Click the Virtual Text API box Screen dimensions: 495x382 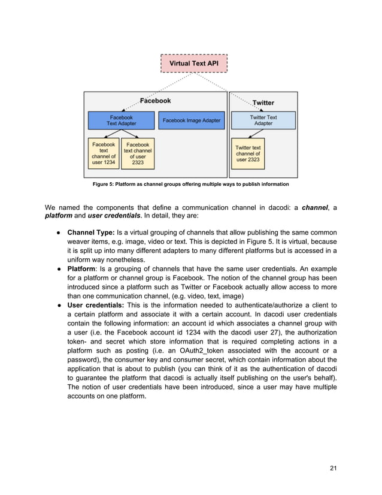[x=194, y=63]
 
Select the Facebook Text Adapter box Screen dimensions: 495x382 [x=121, y=120]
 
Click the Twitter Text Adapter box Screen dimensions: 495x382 [x=263, y=120]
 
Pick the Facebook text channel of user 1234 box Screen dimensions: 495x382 [x=104, y=153]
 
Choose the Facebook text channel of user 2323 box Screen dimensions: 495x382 [x=138, y=153]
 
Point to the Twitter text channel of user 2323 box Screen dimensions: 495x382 [x=248, y=153]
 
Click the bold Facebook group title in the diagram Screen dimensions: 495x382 [x=156, y=101]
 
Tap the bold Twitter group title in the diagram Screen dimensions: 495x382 [x=263, y=102]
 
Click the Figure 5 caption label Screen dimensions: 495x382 [x=190, y=184]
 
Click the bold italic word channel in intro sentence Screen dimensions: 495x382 [x=314, y=208]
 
